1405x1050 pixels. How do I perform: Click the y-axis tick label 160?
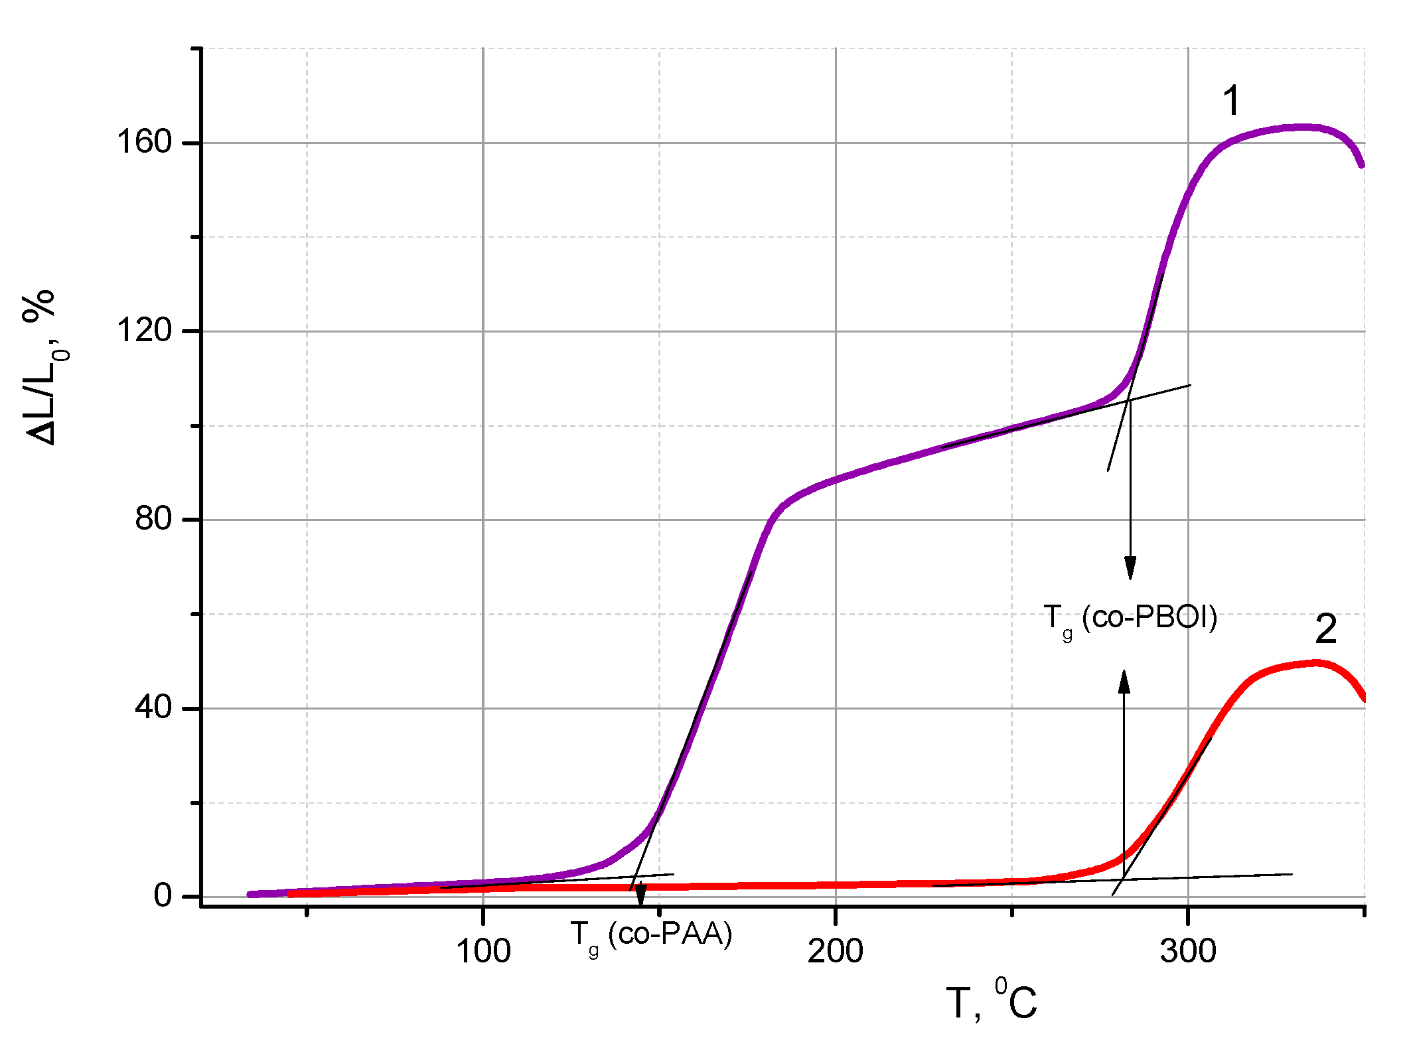click(144, 142)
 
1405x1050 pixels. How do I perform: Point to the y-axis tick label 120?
click(144, 330)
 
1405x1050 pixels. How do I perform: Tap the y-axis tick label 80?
click(153, 518)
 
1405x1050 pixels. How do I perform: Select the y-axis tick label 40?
click(153, 707)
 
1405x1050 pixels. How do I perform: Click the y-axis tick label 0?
click(163, 896)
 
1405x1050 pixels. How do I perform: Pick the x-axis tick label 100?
click(483, 950)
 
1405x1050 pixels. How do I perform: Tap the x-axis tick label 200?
click(835, 950)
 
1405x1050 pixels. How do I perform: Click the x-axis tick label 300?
click(1187, 950)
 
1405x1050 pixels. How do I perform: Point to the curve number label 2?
click(1325, 629)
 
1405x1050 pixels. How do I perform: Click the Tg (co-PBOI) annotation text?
click(1130, 619)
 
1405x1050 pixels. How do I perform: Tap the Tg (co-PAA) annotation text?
click(650, 935)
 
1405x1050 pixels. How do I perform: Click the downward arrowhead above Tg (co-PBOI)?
click(1130, 569)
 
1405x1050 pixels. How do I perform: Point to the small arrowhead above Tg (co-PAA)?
click(640, 896)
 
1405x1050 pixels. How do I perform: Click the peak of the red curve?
click(1316, 662)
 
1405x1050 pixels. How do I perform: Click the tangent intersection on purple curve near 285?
click(1129, 400)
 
